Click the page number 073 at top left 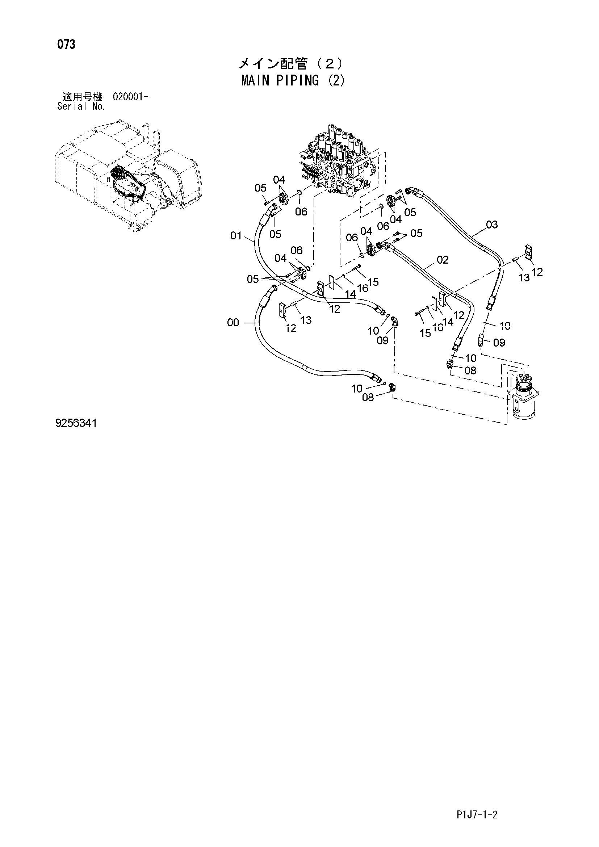point(66,45)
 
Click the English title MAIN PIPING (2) point(293,81)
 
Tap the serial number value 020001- point(131,97)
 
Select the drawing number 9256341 point(76,423)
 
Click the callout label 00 point(233,323)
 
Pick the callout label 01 point(236,235)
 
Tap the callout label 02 point(443,260)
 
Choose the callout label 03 point(492,224)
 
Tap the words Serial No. point(81,106)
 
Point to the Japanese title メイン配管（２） point(291,64)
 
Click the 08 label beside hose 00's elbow point(368,397)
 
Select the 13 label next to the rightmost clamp point(524,277)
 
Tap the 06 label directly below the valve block point(301,211)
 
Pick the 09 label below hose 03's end point(499,343)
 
